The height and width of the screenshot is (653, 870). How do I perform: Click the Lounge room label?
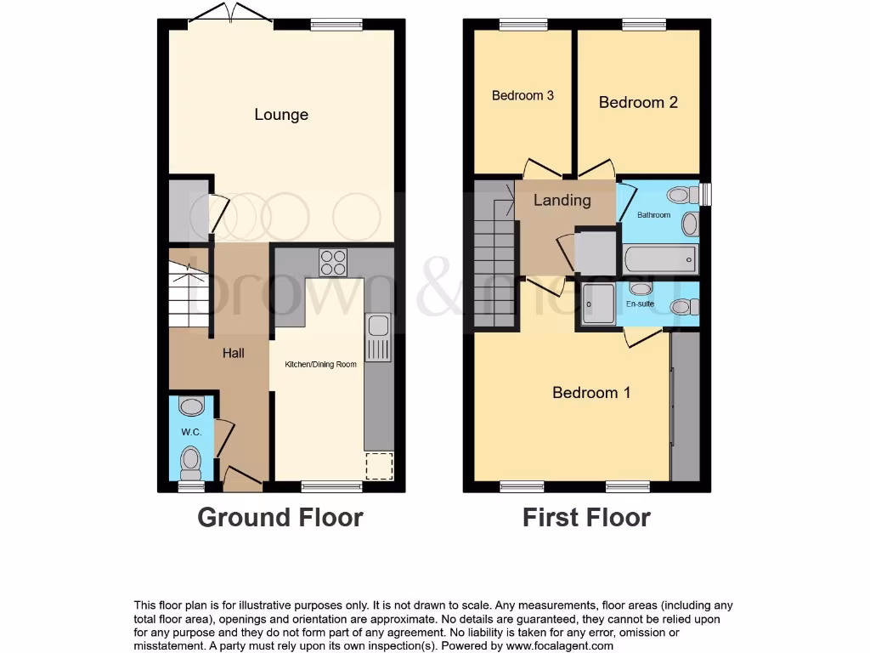click(281, 115)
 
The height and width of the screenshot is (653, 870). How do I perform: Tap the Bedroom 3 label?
click(523, 95)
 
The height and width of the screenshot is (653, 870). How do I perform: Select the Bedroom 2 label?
click(638, 102)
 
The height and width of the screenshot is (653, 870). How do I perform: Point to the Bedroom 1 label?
click(591, 392)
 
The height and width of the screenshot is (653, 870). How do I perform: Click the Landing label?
click(562, 200)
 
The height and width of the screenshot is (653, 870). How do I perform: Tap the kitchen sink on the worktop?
click(377, 336)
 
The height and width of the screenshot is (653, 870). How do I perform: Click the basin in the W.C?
click(192, 406)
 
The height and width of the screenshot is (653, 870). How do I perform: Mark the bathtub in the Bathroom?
click(660, 258)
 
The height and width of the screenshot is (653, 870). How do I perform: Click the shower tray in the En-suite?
click(600, 304)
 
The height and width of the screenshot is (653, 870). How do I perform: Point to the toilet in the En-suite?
click(683, 306)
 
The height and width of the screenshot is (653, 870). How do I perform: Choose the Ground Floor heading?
click(280, 517)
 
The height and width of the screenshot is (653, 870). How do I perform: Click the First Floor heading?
click(586, 517)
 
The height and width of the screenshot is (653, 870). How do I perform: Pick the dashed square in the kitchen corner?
click(379, 467)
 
